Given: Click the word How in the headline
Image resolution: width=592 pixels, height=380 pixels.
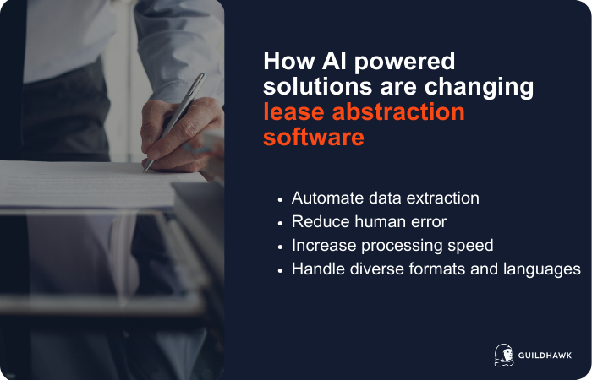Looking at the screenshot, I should coord(285,62).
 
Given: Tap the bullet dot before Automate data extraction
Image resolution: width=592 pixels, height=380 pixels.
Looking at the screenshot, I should coord(280,199).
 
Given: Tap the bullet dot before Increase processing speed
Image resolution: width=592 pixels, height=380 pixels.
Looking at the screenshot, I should coord(280,247).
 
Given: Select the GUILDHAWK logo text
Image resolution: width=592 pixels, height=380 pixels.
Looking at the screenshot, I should coord(545,356).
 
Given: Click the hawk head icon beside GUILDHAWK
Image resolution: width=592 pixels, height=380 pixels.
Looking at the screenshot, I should coord(504,356).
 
